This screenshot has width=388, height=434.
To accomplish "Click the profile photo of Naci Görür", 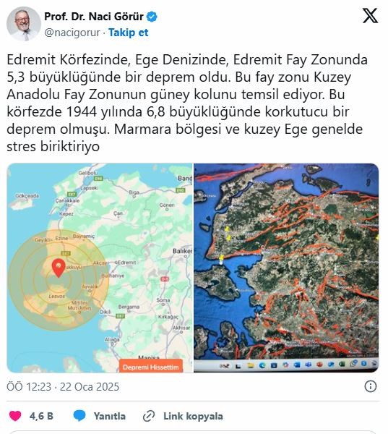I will [23, 23].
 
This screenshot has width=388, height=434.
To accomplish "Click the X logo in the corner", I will [369, 17].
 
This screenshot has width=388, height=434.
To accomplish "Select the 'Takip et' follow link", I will [128, 33].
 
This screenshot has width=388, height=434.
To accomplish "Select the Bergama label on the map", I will [129, 307].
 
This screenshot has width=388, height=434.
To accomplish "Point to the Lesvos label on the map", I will [56, 297].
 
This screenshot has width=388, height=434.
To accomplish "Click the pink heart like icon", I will [14, 416].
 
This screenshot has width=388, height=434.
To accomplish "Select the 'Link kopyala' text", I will [192, 416].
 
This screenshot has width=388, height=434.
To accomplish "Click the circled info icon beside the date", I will [370, 387].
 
